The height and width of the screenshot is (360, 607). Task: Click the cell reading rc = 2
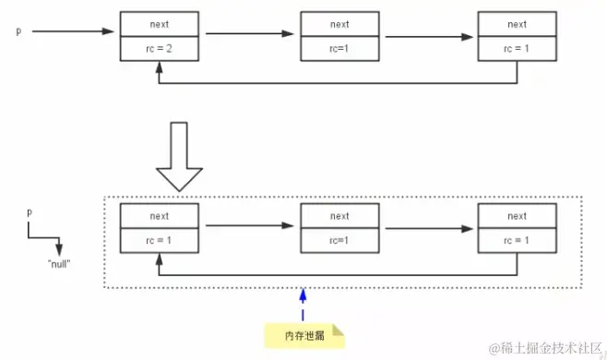pos(160,48)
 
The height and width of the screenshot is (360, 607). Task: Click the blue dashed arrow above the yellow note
pos(302,304)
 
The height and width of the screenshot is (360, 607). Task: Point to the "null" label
pos(59,262)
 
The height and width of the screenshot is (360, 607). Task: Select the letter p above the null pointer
pos(30,212)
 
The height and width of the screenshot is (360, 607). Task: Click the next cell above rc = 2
pos(160,24)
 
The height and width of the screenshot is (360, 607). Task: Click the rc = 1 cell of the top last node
pos(517,48)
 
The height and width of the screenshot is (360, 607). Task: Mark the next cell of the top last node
pos(517,24)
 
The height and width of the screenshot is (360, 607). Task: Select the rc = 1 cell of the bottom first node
pos(160,240)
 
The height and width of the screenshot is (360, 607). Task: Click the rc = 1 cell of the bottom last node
pos(517,240)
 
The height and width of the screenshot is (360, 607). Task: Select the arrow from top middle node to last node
pos(429,37)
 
